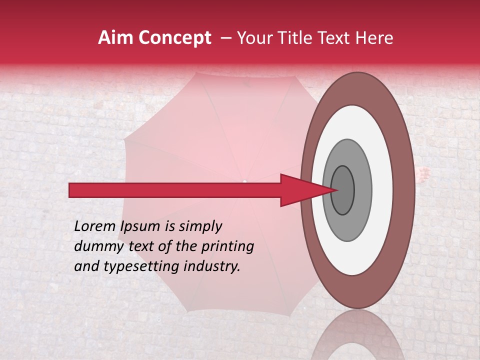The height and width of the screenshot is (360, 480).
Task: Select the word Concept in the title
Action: click(x=175, y=38)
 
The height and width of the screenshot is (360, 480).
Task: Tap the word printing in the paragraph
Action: click(x=227, y=247)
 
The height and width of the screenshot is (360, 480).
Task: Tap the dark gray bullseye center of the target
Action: click(x=343, y=190)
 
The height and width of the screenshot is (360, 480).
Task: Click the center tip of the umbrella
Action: click(x=244, y=181)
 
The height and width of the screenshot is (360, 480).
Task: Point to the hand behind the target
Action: click(x=423, y=174)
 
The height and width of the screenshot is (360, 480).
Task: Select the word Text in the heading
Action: click(x=340, y=38)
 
